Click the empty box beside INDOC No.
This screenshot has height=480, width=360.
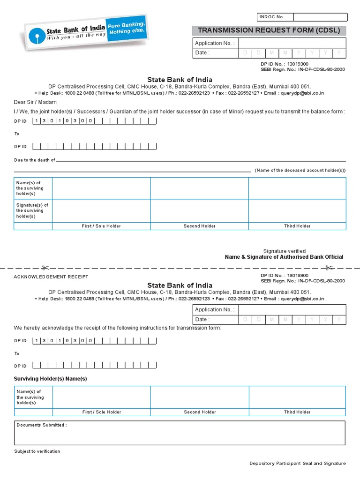320,17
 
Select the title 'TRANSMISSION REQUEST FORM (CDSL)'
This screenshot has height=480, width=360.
269,30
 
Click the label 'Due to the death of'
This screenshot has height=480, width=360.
35,160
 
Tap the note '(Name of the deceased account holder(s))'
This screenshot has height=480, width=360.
300,171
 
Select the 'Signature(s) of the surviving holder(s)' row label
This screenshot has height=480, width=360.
33,210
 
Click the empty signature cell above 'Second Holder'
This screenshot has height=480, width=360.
199,210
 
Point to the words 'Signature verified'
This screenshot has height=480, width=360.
284,251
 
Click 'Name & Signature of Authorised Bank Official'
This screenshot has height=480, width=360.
284,257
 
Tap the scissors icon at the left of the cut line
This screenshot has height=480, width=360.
45,268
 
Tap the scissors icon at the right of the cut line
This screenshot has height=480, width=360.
329,268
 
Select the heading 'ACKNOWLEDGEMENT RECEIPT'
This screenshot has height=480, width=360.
51,277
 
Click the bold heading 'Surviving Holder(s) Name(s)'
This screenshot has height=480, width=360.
50,379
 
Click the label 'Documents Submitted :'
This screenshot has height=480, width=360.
42,425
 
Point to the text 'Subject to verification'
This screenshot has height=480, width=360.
37,451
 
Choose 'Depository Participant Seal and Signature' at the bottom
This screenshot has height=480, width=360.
297,464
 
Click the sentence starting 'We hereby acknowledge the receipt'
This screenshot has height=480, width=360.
117,328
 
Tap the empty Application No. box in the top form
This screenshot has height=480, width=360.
292,44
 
